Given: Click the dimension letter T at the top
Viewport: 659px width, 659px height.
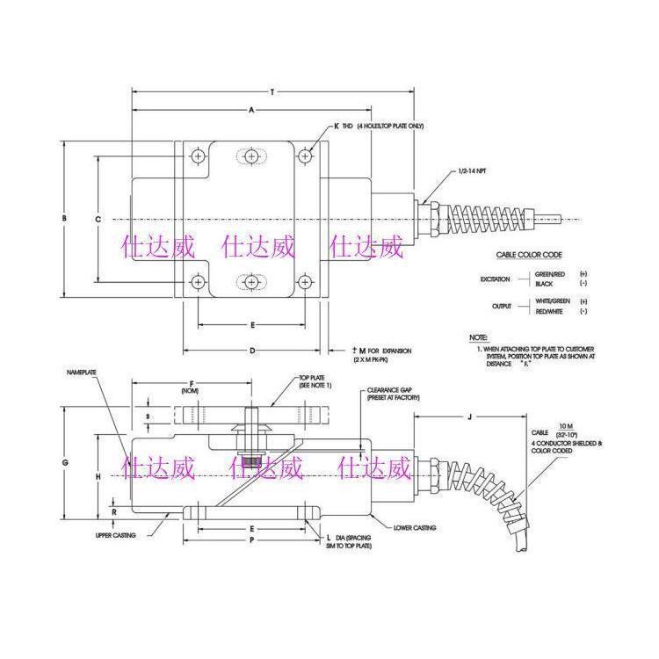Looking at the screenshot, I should coord(272,91).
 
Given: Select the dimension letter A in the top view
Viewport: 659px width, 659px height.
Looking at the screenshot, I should coord(251,110).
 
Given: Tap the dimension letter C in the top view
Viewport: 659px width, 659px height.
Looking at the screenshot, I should coord(98,218).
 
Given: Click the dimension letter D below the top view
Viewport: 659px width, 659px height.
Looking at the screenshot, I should coord(251,351).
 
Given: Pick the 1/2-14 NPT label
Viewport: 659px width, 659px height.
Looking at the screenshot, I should coord(474,170).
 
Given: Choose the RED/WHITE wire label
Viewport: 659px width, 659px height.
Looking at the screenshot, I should coord(551,311).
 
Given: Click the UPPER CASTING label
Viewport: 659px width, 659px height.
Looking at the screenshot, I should coord(116,534).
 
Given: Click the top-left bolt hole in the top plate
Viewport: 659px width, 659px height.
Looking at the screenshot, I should coord(199,156).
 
